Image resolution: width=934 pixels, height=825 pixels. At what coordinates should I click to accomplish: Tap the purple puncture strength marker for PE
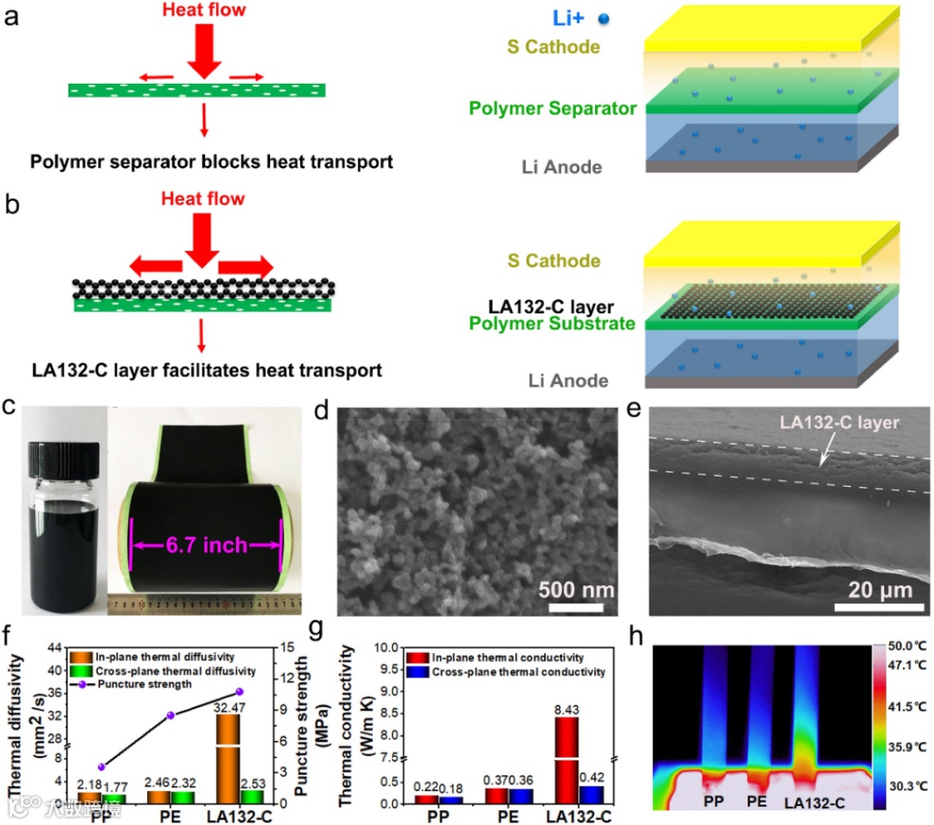(171, 715)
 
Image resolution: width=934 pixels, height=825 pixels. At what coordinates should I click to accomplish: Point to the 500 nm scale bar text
(576, 592)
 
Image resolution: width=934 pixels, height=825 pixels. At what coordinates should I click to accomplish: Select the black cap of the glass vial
(54, 457)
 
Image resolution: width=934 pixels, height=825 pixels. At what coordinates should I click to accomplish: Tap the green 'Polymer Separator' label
(553, 109)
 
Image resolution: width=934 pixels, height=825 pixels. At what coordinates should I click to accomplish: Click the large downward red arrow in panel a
(205, 52)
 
